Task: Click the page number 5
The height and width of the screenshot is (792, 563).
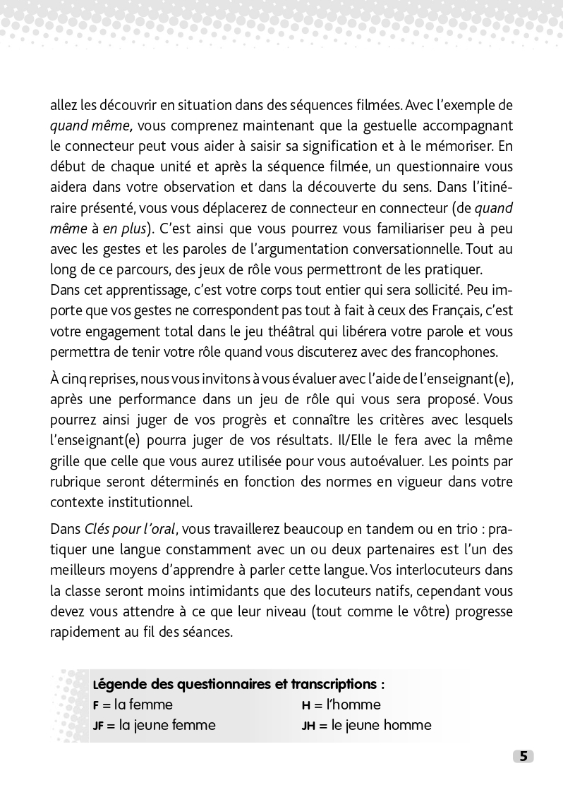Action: (x=523, y=756)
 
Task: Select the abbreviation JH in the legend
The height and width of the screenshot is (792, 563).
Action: (x=308, y=726)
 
